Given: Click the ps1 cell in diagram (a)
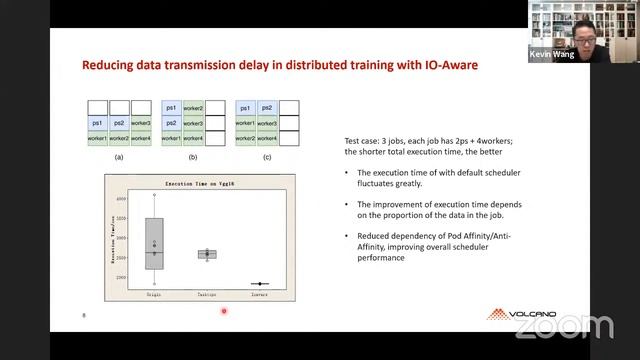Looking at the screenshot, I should [96, 123].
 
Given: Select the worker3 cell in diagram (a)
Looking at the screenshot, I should [141, 123].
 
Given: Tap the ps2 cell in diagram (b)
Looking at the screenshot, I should [171, 123].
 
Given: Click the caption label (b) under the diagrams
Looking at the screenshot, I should [193, 158].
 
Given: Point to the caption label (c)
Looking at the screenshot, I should [267, 158].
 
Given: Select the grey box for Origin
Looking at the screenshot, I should [154, 243].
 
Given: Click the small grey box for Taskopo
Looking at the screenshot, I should [207, 254].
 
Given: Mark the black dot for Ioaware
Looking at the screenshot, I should [259, 284].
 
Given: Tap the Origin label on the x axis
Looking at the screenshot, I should [154, 296].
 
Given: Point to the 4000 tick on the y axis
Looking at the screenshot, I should [122, 199].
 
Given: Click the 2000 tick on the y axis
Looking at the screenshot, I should [122, 277].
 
